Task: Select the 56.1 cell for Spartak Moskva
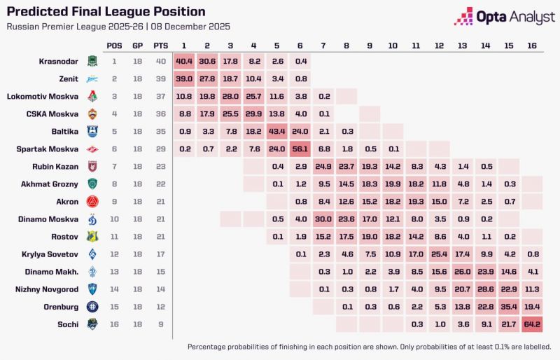coord(300,148)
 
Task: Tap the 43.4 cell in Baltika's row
coord(276,131)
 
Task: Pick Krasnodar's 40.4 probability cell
coord(184,61)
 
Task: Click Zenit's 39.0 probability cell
coord(184,78)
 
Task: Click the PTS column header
coord(160,46)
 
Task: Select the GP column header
coord(138,46)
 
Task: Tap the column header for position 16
coord(531,46)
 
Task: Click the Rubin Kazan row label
coord(56,166)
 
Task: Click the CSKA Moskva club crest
coord(92,113)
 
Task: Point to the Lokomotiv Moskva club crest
coord(92,96)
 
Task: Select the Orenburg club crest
coord(92,306)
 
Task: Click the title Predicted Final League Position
coord(106,12)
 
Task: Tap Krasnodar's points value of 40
coord(160,61)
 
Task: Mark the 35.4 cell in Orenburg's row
coord(508,306)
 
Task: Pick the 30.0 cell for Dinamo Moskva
coord(323,219)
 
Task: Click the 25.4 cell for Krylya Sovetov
coord(439,254)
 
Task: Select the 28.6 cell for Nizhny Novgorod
coord(485,289)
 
